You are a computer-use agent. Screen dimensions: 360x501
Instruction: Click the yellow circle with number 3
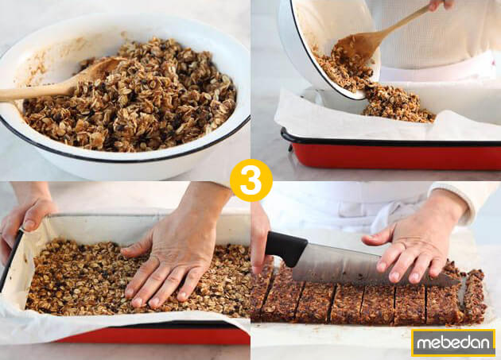click(x=250, y=180)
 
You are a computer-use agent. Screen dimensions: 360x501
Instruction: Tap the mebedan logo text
click(x=453, y=343)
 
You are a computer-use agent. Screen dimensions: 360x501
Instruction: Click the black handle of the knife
click(x=285, y=248)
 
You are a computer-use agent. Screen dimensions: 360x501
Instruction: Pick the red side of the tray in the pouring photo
click(x=398, y=154)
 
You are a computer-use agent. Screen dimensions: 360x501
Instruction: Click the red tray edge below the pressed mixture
click(x=159, y=336)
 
